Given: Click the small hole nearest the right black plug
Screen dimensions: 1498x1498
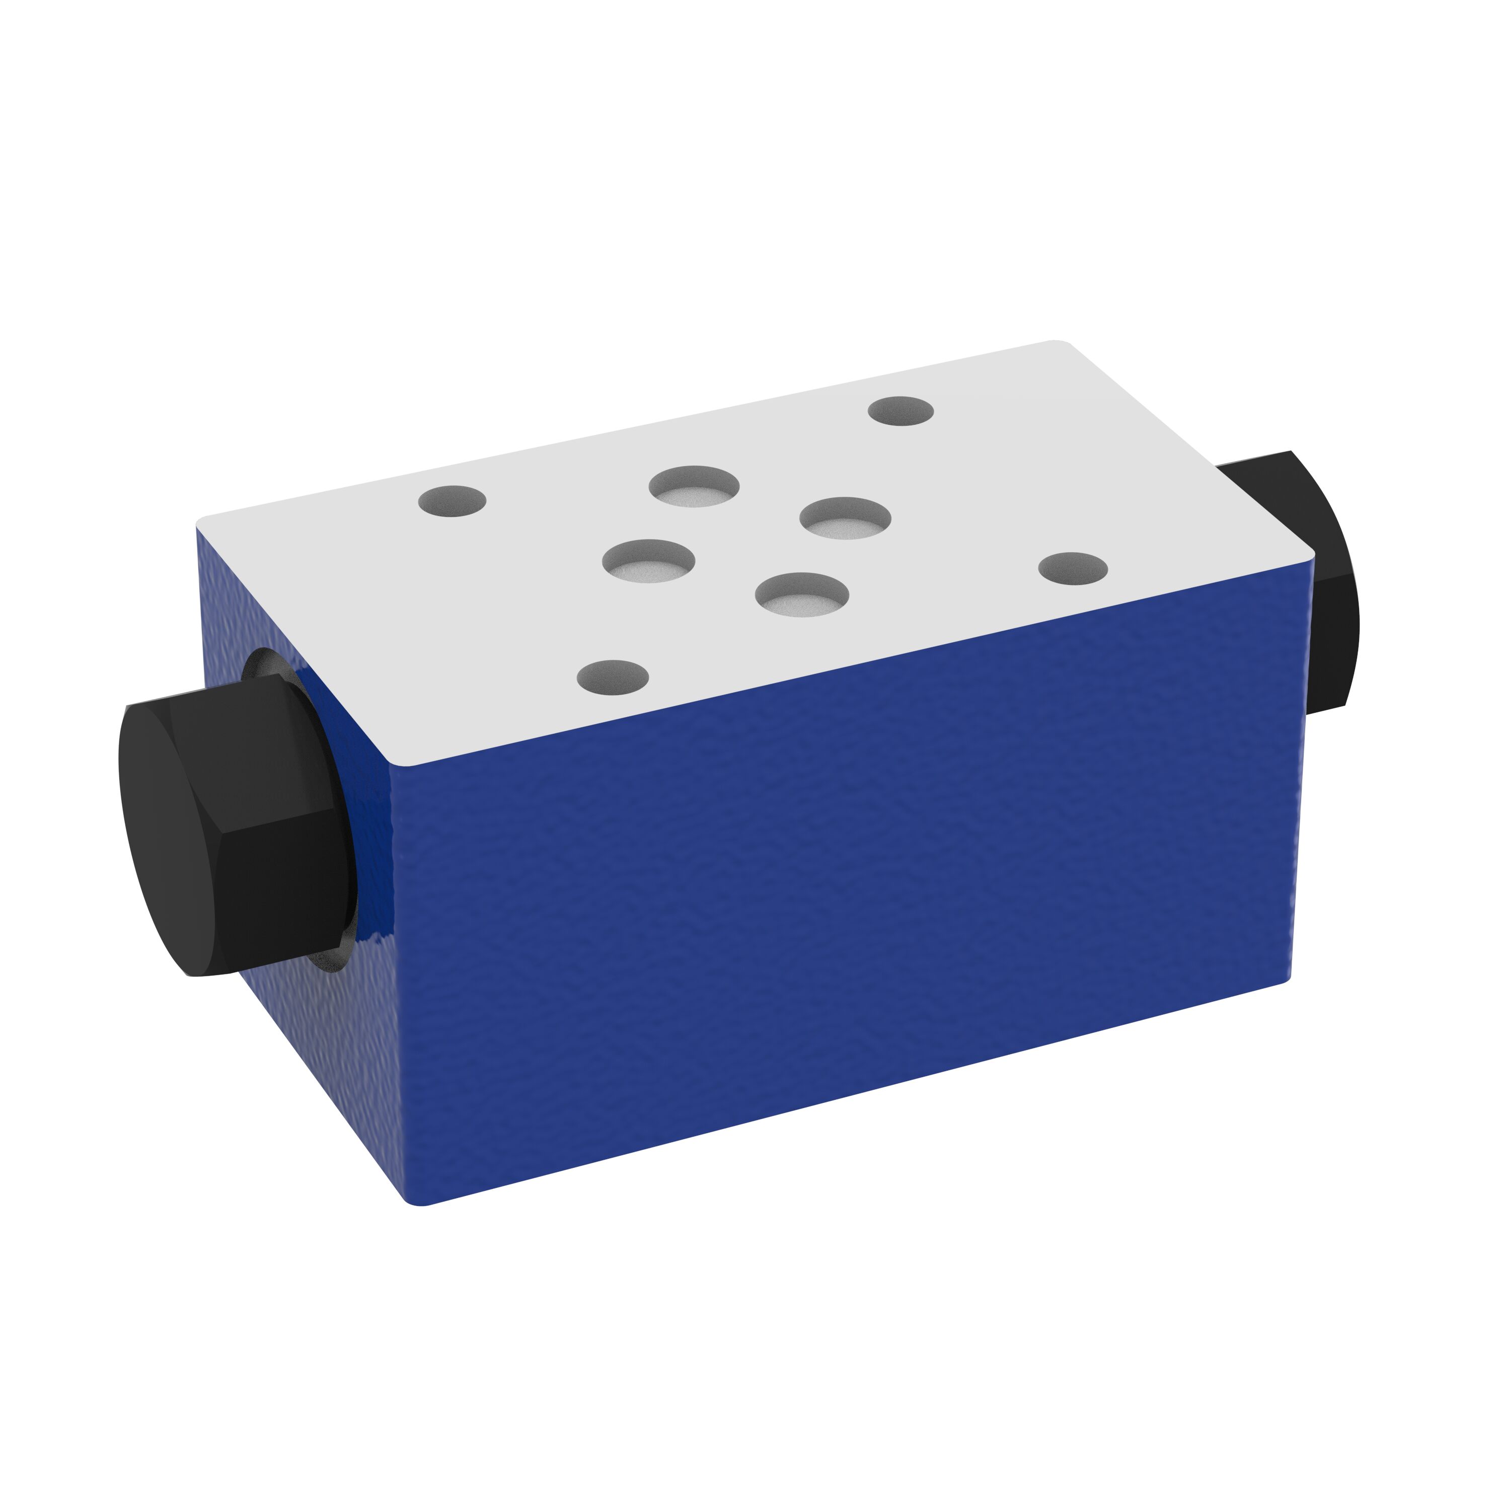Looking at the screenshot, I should [x=1072, y=568].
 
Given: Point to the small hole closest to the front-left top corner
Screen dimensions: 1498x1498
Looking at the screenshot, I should [x=613, y=676].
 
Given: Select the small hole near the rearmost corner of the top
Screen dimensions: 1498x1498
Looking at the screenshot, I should [x=900, y=411].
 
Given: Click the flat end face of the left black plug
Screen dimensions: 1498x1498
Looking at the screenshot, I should [x=167, y=830].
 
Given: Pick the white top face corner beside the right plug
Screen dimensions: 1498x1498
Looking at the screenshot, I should [x=1310, y=554].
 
